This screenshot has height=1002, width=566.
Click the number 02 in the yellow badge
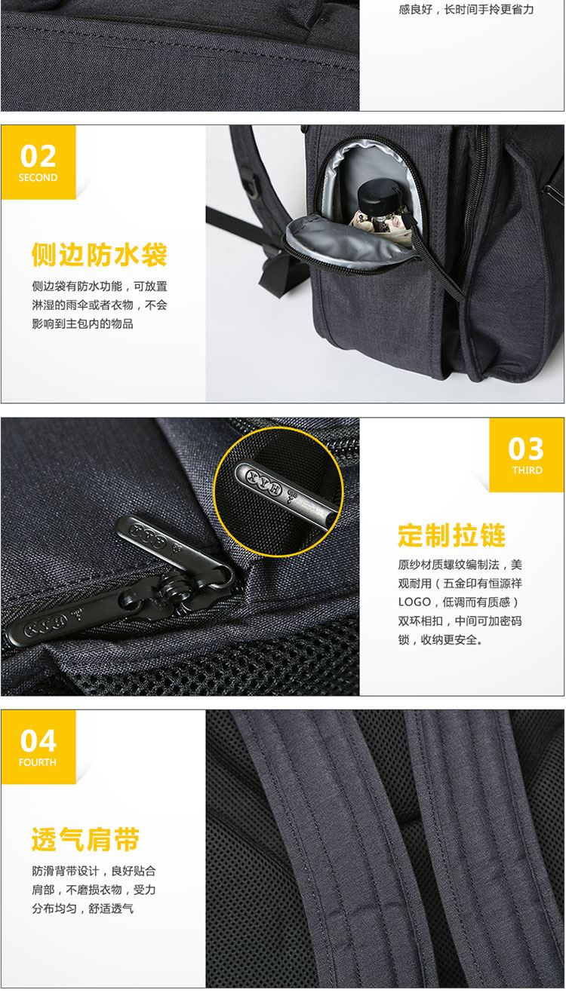[38, 155]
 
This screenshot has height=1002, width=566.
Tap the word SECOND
[38, 178]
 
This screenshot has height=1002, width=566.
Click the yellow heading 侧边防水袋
[100, 255]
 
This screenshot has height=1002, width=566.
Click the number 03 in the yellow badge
[526, 449]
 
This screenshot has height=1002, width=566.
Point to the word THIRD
[527, 470]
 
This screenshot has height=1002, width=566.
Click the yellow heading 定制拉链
[452, 535]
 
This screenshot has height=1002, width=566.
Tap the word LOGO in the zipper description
[414, 602]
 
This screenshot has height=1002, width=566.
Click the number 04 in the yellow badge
[38, 741]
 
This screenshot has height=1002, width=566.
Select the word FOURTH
[38, 762]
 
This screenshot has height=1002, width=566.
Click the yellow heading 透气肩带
[85, 839]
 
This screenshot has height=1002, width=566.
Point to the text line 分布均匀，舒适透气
[83, 909]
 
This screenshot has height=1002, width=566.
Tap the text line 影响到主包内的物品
[83, 324]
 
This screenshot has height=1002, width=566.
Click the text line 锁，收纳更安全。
[441, 640]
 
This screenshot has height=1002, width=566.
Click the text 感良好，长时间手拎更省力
[466, 9]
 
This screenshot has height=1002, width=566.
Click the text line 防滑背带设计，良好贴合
[94, 871]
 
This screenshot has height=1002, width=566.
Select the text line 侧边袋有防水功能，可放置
[100, 287]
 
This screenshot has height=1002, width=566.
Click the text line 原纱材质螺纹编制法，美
[460, 565]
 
